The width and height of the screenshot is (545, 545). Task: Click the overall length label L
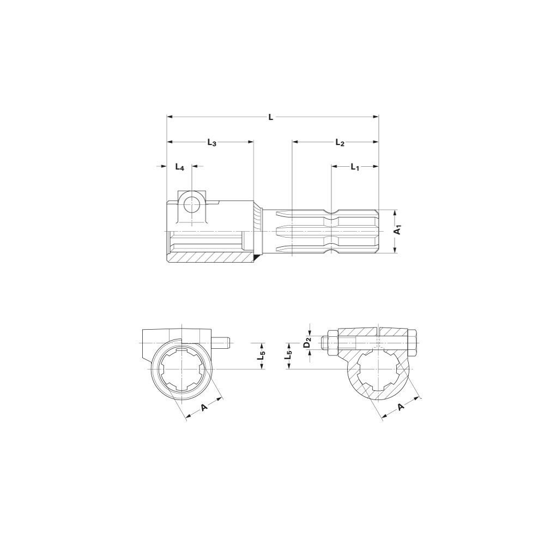[271, 117]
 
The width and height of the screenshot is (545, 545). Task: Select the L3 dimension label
[212, 142]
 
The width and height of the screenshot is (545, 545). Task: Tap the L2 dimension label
[340, 142]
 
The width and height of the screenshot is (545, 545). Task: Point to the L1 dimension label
[355, 167]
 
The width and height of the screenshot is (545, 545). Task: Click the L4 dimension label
[179, 167]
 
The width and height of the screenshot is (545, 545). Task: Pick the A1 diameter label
[399, 229]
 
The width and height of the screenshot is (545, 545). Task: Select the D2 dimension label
[307, 342]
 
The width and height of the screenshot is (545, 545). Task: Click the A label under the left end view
[204, 407]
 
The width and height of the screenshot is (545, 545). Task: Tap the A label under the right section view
[402, 407]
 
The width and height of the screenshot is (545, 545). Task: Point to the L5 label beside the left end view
[262, 356]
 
